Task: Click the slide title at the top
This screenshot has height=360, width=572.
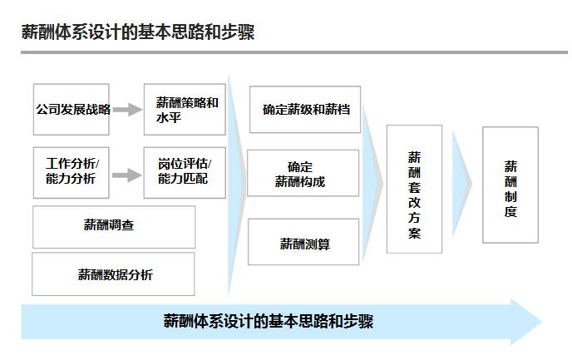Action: (x=138, y=32)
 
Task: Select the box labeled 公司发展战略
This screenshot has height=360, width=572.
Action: (x=72, y=109)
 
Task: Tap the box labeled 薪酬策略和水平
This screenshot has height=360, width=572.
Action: (x=185, y=109)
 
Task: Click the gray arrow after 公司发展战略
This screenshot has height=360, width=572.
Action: (x=127, y=109)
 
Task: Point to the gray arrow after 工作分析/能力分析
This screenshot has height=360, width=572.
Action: (x=126, y=174)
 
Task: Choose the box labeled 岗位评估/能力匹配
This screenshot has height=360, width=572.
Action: (x=184, y=172)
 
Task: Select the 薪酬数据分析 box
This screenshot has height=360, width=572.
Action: (x=114, y=274)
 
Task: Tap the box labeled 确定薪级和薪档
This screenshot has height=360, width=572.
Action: (x=305, y=109)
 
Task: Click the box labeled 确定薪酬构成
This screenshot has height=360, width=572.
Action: (x=303, y=173)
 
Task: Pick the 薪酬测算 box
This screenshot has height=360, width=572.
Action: (x=303, y=243)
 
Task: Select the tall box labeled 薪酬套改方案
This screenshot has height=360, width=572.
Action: (x=414, y=190)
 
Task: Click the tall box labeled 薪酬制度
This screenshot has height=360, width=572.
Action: (x=510, y=185)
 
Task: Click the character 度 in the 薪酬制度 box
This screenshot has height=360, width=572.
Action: (x=510, y=212)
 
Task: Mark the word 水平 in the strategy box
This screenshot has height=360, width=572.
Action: (x=169, y=117)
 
